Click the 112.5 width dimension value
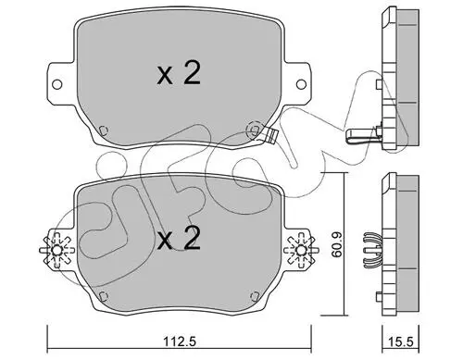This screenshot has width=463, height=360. pyautogui.click(x=180, y=341)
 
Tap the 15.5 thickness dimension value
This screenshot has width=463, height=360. pyautogui.click(x=400, y=341)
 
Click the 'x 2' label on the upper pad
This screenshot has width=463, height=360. pyautogui.click(x=179, y=73)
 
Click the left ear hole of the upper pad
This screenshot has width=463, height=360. pyautogui.click(x=56, y=84)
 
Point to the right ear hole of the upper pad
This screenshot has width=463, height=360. pyautogui.click(x=301, y=84)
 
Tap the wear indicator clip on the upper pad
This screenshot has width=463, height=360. pyautogui.click(x=271, y=136)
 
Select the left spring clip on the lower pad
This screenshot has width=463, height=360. pyautogui.click(x=56, y=250)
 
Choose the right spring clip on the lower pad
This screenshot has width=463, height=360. pyautogui.click(x=301, y=250)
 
